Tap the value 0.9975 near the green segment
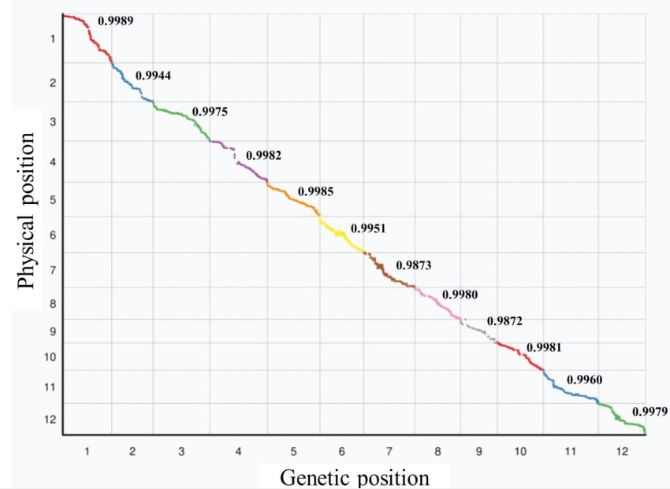[x=210, y=112]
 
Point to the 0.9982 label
[x=263, y=155]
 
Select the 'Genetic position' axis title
[x=355, y=477]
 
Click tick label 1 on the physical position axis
[x=51, y=39]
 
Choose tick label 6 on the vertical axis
[x=51, y=235]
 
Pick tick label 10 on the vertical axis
[x=50, y=357]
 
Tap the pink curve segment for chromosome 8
[x=437, y=302]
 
